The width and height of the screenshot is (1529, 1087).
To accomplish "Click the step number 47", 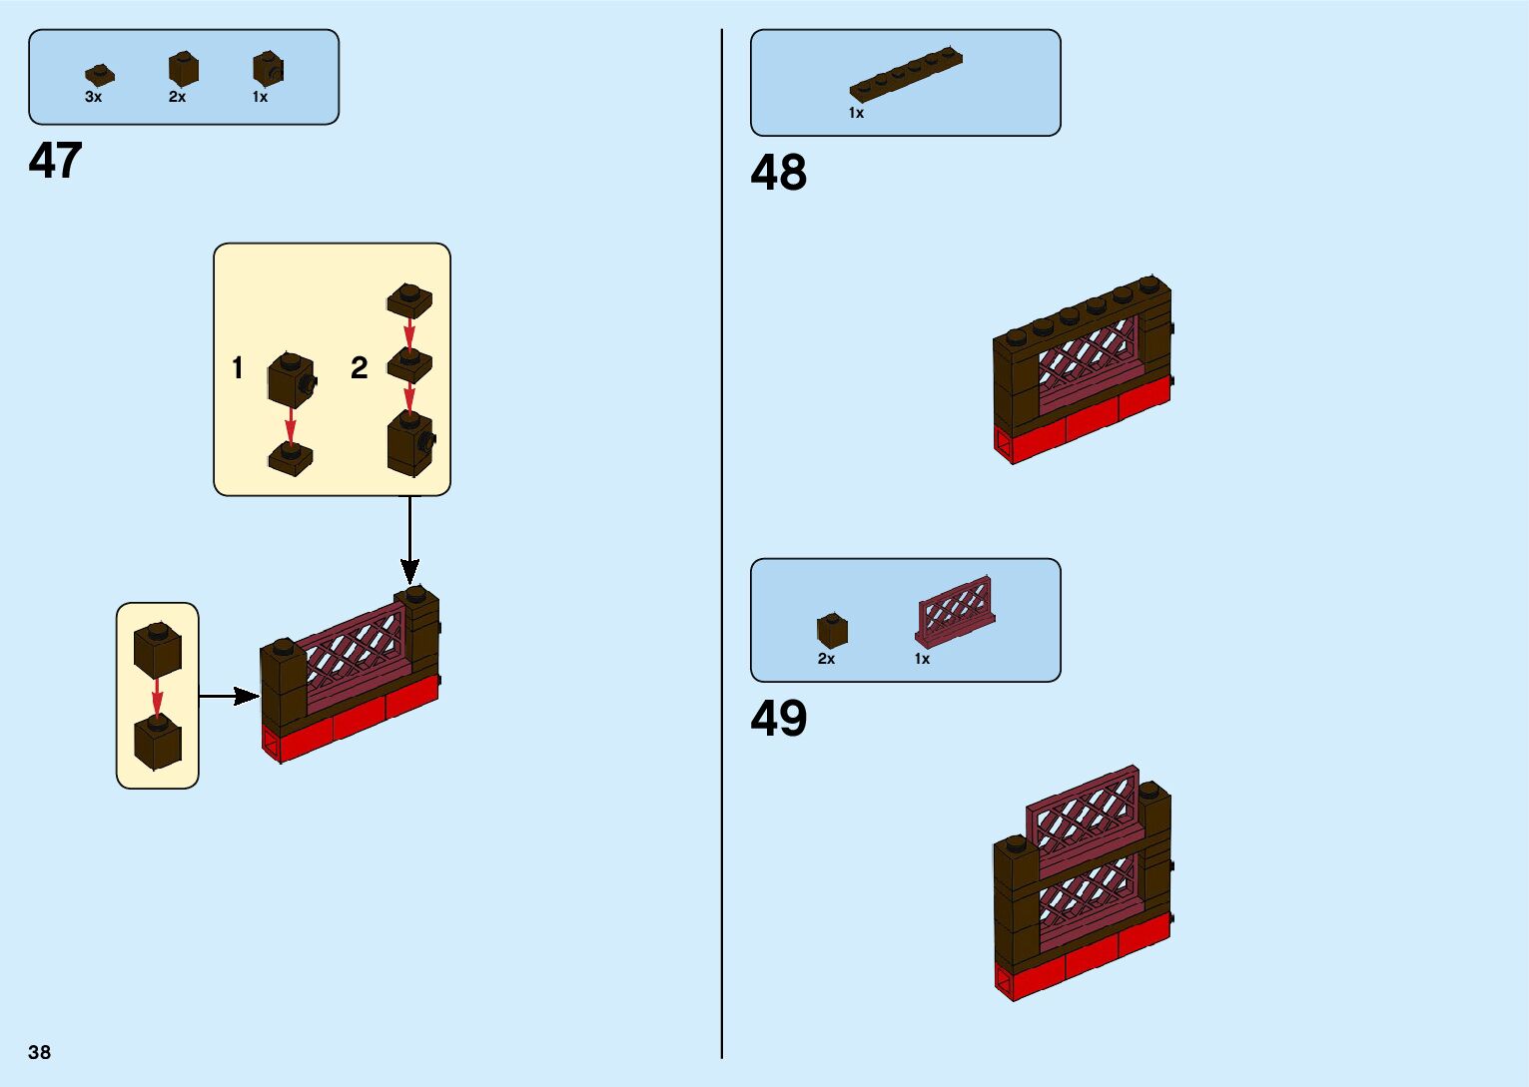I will (55, 161).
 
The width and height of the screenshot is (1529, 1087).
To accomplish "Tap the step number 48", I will (778, 173).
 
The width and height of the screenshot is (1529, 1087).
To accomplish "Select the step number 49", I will (778, 719).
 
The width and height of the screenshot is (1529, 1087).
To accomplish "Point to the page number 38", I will (39, 1052).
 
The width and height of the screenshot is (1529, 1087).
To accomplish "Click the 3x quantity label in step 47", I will (93, 97).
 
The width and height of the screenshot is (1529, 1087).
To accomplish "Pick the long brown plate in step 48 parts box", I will (906, 74).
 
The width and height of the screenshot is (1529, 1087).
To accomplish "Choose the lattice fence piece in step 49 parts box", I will (955, 610).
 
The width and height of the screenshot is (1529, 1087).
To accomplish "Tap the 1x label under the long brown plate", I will (856, 113).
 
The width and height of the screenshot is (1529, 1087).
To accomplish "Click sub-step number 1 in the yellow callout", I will (238, 368).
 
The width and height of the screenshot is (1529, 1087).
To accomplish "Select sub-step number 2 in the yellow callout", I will (360, 368).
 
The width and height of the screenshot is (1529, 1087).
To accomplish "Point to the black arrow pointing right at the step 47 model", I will (229, 696).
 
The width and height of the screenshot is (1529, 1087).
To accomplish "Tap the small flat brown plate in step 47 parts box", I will (99, 75).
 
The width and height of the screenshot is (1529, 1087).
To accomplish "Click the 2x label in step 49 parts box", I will (826, 659).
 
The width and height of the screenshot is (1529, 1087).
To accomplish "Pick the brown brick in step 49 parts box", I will (832, 631).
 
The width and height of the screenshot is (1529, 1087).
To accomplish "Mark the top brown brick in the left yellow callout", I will (157, 649).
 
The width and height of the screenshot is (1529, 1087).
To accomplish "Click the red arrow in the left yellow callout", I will (157, 700).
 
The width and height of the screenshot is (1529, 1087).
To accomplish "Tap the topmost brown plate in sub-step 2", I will (409, 297).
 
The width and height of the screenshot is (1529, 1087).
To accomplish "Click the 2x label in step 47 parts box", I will (177, 97).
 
